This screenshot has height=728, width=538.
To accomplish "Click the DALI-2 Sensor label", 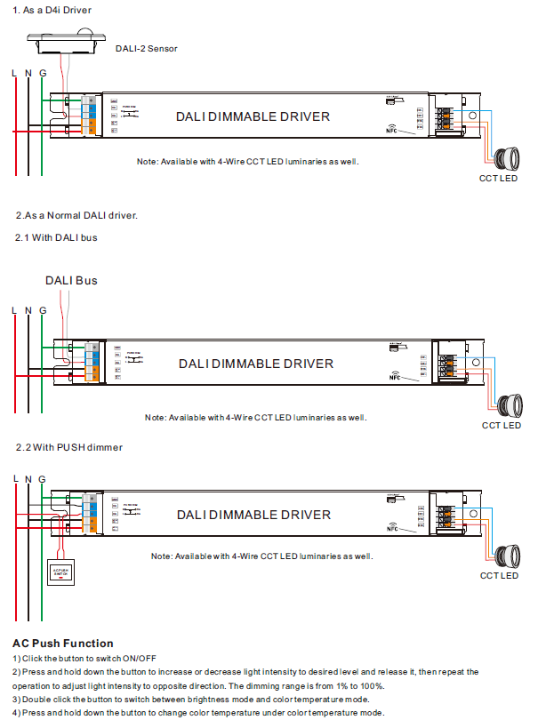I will click(x=146, y=48).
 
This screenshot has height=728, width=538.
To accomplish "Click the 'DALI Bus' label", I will click(x=71, y=280).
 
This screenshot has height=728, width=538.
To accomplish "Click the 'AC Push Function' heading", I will click(x=63, y=643).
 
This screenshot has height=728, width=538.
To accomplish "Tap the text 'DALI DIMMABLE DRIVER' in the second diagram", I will click(x=255, y=364).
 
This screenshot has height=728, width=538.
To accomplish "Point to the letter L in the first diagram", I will click(x=13, y=72).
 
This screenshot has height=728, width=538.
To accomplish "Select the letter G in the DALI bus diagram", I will click(x=43, y=309).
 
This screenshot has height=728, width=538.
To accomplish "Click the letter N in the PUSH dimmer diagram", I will click(x=28, y=479).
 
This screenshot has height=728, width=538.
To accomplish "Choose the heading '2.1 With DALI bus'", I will click(x=56, y=238).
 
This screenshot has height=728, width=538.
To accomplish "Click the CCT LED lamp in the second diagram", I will click(x=508, y=406).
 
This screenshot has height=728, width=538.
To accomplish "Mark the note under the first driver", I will click(x=248, y=163).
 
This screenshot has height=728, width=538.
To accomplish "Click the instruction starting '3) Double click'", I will click(x=191, y=700).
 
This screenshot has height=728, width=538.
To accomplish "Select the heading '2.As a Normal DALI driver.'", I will click(x=76, y=215).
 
